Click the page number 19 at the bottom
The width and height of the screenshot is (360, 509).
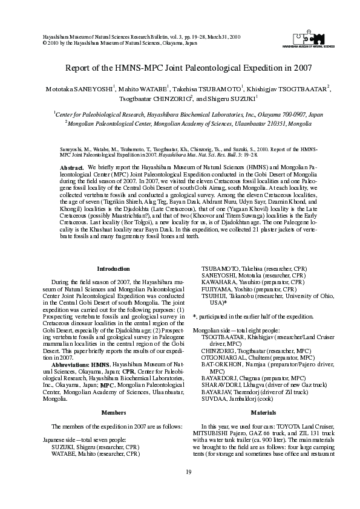pyautogui.click(x=180, y=488)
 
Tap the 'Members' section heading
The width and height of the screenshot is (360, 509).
pyautogui.click(x=113, y=412)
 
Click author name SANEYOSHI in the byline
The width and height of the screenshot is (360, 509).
pyautogui.click(x=94, y=88)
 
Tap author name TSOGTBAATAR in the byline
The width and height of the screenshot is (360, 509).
pyautogui.click(x=300, y=88)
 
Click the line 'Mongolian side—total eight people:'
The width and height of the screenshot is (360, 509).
pyautogui.click(x=236, y=330)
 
